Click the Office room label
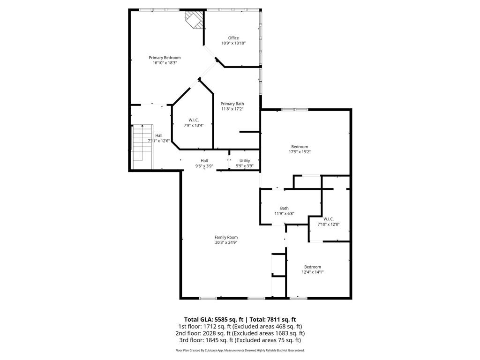point(233,38)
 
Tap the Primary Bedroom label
point(165,58)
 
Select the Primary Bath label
point(232,104)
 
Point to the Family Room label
point(226,237)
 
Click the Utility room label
point(245,161)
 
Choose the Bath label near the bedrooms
point(284,208)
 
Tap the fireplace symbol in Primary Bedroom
point(195,20)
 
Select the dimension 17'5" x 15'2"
point(300,152)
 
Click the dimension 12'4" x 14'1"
point(312,272)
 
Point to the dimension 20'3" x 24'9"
point(226,243)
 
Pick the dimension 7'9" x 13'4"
point(194,125)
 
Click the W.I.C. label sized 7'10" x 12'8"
point(328,219)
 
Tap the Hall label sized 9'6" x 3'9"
point(204,161)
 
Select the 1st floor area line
point(240,326)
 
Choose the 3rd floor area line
point(240,340)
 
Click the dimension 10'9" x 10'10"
point(233,43)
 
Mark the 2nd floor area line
point(240,333)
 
